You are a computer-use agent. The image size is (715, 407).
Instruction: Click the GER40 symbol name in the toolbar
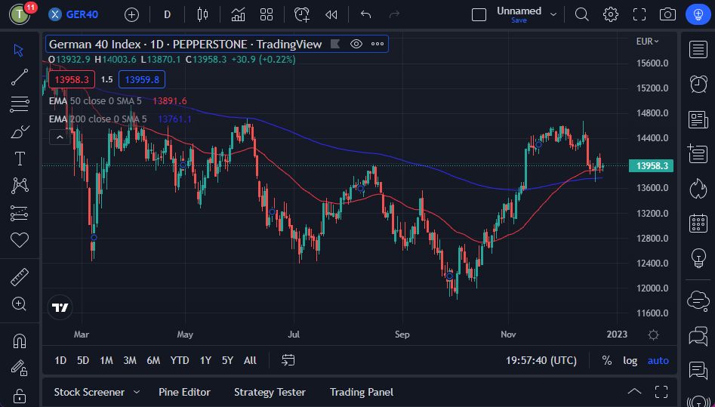pos(82,14)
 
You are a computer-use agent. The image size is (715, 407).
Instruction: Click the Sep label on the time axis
pos(402,334)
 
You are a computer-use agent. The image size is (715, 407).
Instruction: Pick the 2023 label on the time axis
pos(617,334)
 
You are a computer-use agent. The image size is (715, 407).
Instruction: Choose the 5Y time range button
pos(227,361)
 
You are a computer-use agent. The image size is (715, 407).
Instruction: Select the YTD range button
pos(180,361)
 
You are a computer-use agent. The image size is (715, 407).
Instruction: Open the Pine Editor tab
pos(184,392)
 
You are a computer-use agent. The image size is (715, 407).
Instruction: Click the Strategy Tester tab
pos(270,392)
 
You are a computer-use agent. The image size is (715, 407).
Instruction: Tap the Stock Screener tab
pos(89,392)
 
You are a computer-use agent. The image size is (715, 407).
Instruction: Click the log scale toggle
pos(630,361)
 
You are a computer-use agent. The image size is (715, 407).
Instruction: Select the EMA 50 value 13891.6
pos(169,100)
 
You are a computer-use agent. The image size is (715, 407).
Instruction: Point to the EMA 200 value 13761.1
pos(174,119)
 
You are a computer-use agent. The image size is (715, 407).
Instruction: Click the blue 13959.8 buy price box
pos(142,79)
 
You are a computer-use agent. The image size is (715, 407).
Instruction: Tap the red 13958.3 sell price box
pos(71,79)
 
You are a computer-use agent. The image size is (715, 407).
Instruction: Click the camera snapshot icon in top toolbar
pos(667,14)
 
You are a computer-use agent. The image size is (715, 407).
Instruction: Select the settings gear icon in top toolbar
pos(610,14)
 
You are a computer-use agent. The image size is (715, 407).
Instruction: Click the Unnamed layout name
pos(519,11)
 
